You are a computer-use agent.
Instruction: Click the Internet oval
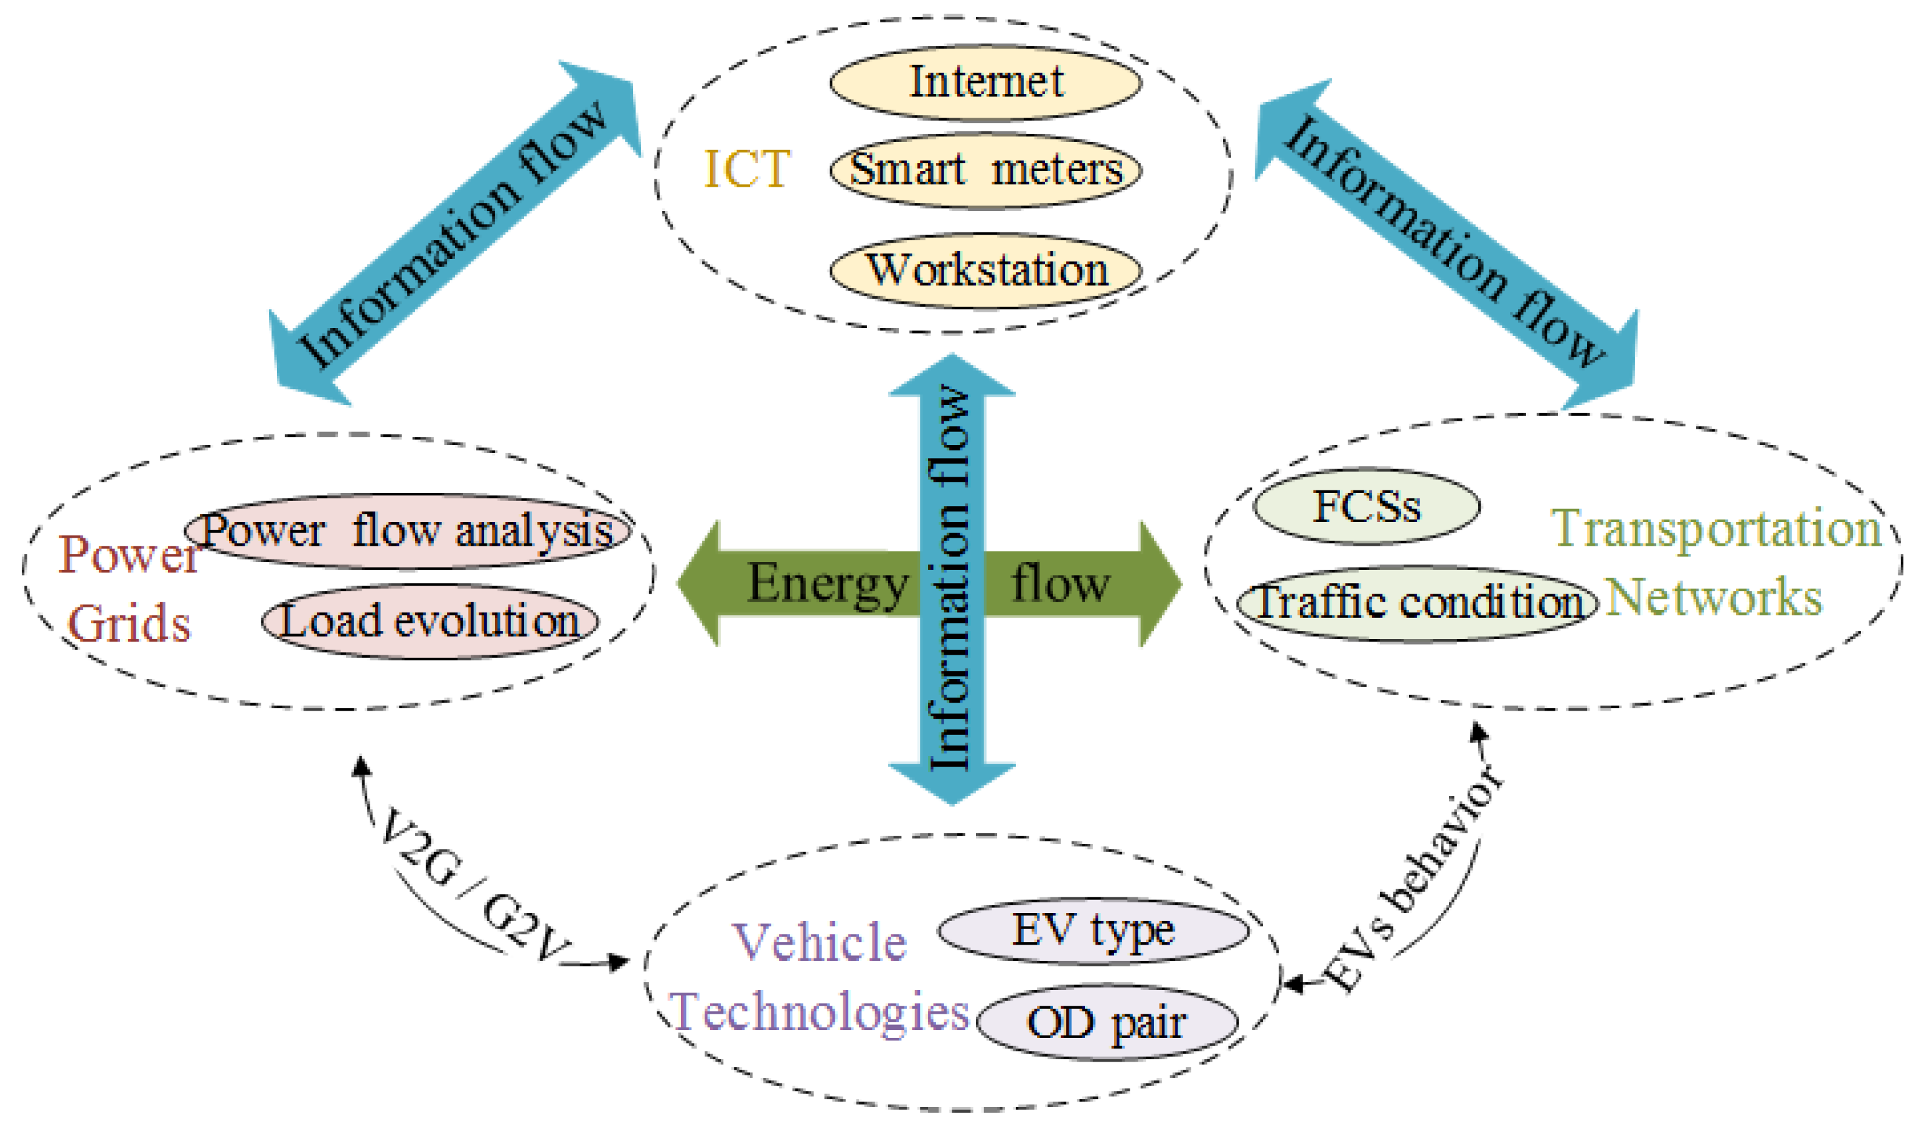pyautogui.click(x=985, y=82)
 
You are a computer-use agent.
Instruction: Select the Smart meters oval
pyautogui.click(x=985, y=171)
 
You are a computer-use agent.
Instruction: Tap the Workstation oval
pyautogui.click(x=985, y=271)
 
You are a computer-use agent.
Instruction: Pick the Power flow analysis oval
pyautogui.click(x=408, y=531)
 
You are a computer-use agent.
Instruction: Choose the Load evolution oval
pyautogui.click(x=430, y=621)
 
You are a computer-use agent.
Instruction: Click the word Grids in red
pyautogui.click(x=129, y=625)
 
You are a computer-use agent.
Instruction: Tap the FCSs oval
pyautogui.click(x=1366, y=507)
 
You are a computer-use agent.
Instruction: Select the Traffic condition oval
pyautogui.click(x=1417, y=603)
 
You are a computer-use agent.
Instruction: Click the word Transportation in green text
pyautogui.click(x=1716, y=528)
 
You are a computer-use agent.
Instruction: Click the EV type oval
pyautogui.click(x=1092, y=931)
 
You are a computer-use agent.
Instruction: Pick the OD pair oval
pyautogui.click(x=1106, y=1023)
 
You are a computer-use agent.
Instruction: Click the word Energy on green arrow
pyautogui.click(x=828, y=584)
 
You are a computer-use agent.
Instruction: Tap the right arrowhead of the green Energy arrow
pyautogui.click(x=1160, y=584)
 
